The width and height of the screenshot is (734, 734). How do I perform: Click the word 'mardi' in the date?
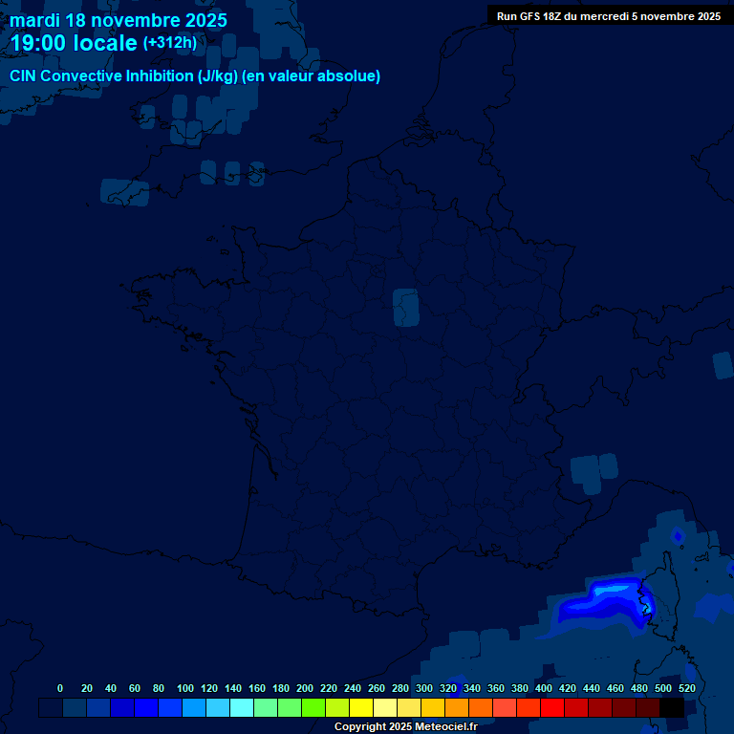pyautogui.click(x=34, y=19)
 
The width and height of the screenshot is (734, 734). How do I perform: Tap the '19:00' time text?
pyautogui.click(x=38, y=43)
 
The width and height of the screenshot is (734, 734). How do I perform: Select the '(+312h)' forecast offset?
pyautogui.click(x=169, y=43)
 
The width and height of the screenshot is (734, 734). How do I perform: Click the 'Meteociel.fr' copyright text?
pyautogui.click(x=446, y=727)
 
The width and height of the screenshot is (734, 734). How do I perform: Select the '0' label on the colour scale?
pyautogui.click(x=60, y=688)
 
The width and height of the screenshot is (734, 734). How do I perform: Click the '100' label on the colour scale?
pyautogui.click(x=185, y=688)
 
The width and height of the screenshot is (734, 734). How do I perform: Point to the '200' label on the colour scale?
pyautogui.click(x=305, y=688)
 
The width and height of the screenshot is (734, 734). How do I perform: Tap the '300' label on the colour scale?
pyautogui.click(x=424, y=688)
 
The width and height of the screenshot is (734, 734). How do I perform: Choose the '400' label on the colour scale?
pyautogui.click(x=544, y=688)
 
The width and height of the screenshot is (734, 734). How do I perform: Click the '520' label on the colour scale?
pyautogui.click(x=686, y=688)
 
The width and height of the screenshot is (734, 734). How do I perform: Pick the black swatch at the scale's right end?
pyautogui.click(x=672, y=707)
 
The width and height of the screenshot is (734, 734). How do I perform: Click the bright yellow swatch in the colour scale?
pyautogui.click(x=361, y=707)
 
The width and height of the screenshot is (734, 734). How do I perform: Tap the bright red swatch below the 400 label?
pyautogui.click(x=552, y=707)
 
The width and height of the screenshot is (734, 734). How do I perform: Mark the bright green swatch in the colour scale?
pyautogui.click(x=313, y=707)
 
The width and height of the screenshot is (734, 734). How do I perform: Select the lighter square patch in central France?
pyautogui.click(x=406, y=308)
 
